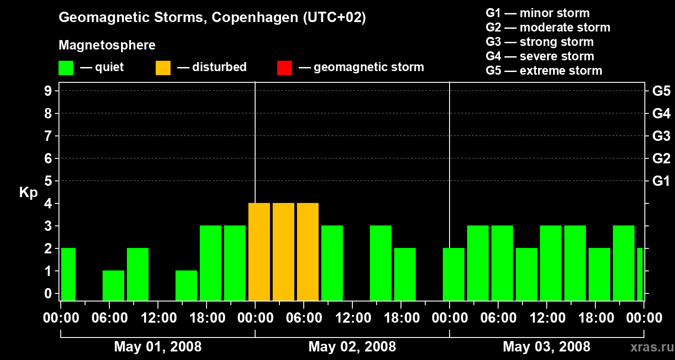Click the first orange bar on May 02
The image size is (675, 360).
(x=259, y=252)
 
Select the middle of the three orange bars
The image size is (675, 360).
(x=283, y=252)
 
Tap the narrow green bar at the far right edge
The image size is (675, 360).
(x=640, y=274)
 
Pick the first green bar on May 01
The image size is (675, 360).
(x=68, y=274)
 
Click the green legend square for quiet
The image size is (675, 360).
(x=66, y=67)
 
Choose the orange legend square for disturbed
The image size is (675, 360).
(x=163, y=67)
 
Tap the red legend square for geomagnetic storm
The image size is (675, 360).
(x=284, y=67)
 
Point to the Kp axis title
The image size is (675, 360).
(x=28, y=192)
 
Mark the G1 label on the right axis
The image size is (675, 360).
(x=661, y=181)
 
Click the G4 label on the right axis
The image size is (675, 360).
(x=661, y=113)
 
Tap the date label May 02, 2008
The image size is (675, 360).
(x=352, y=346)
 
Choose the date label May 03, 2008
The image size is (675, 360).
(x=546, y=346)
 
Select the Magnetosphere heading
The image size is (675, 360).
(x=107, y=45)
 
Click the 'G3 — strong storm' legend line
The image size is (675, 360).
(x=540, y=42)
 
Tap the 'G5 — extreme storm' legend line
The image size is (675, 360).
(x=544, y=71)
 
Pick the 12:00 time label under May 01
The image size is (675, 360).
(x=158, y=318)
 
